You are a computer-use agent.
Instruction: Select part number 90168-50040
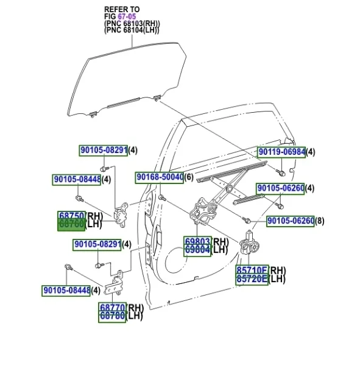(159, 177)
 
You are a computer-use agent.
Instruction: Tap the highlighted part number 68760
(71, 224)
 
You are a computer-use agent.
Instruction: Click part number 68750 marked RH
(71, 216)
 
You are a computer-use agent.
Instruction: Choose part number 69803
(197, 241)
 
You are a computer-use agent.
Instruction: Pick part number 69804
(197, 249)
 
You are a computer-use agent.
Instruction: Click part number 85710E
(252, 271)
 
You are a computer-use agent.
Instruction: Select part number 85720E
(252, 279)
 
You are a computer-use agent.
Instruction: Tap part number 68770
(113, 308)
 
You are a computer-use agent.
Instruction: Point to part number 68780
(113, 316)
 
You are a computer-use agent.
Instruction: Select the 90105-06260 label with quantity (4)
(280, 188)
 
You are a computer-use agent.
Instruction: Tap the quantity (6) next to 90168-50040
(189, 177)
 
